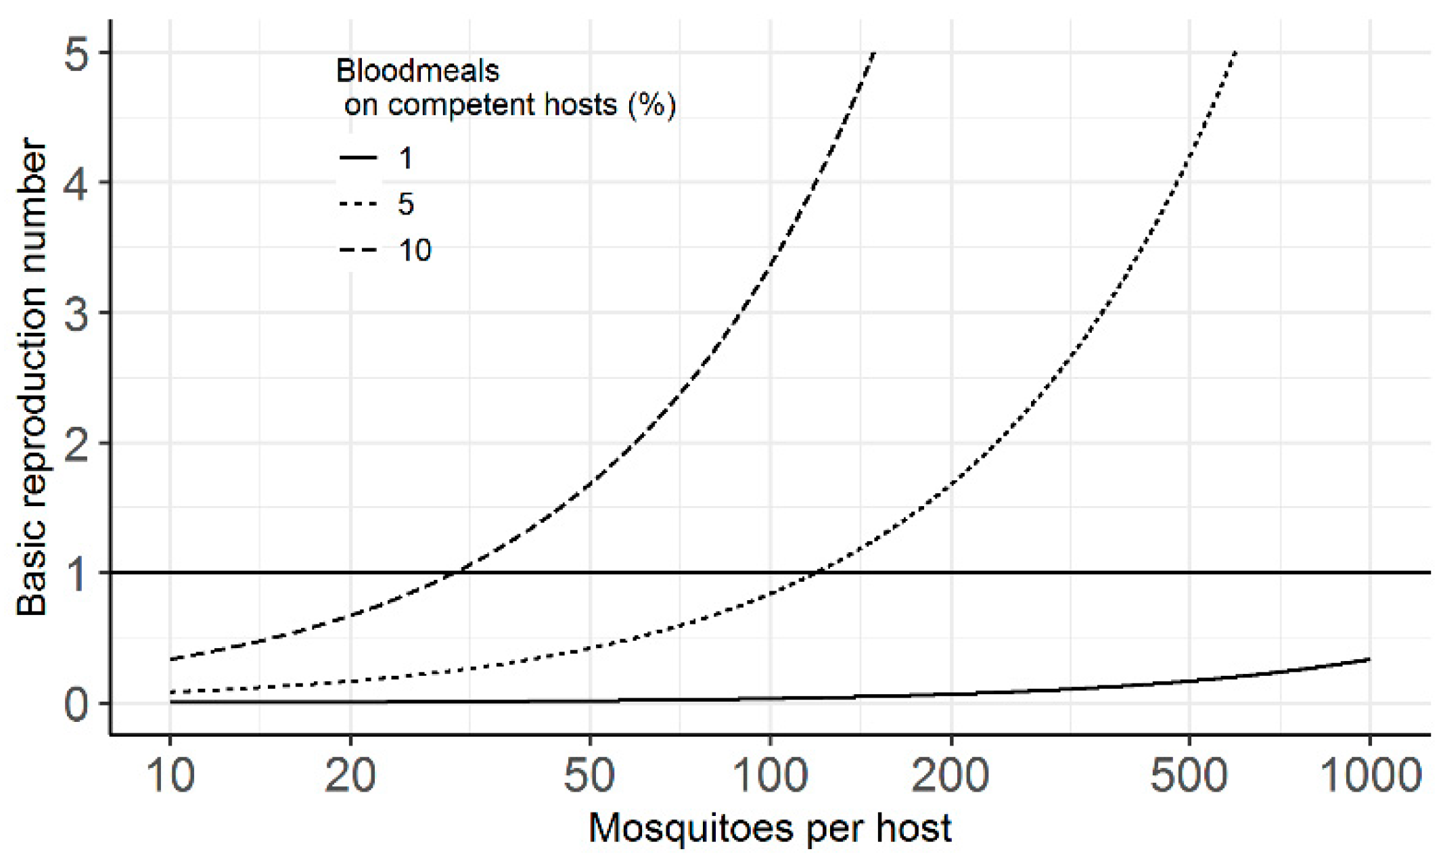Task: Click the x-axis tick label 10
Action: pyautogui.click(x=170, y=775)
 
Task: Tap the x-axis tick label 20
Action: pyautogui.click(x=350, y=775)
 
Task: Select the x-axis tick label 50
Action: pyautogui.click(x=589, y=775)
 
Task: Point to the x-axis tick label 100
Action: pyautogui.click(x=770, y=775)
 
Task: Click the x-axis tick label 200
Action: pyautogui.click(x=950, y=775)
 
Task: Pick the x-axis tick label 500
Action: pyautogui.click(x=1189, y=775)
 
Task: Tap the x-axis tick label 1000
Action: pyautogui.click(x=1371, y=775)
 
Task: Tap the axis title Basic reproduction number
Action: pyautogui.click(x=32, y=376)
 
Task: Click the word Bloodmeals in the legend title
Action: pyautogui.click(x=417, y=71)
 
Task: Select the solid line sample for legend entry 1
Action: pyautogui.click(x=358, y=158)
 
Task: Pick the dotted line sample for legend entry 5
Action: pyautogui.click(x=358, y=204)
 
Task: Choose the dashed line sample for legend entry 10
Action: pyautogui.click(x=358, y=251)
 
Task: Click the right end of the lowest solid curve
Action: pyautogui.click(x=1369, y=659)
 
